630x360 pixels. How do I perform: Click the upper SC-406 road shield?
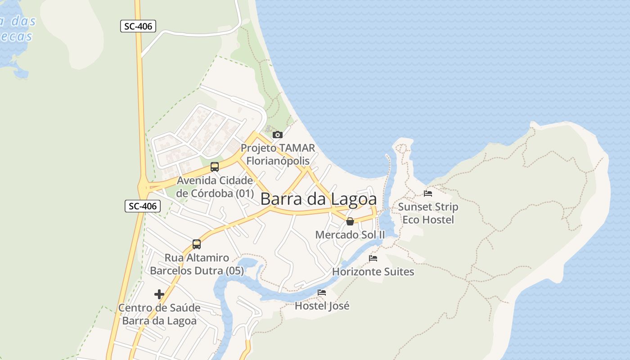click(x=138, y=27)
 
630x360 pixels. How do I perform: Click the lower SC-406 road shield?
click(x=143, y=207)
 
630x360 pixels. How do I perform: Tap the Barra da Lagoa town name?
click(x=318, y=199)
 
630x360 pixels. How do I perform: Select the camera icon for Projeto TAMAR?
click(x=278, y=135)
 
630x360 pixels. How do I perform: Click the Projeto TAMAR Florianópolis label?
click(x=278, y=154)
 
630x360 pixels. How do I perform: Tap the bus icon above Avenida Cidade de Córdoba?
click(x=215, y=167)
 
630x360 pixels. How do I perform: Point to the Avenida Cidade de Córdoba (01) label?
click(x=215, y=187)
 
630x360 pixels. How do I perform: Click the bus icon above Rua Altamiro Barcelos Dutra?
click(x=197, y=244)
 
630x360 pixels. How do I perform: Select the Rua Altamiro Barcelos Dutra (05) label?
click(x=197, y=264)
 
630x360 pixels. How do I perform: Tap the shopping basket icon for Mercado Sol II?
click(x=350, y=221)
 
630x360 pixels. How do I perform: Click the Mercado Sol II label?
click(x=350, y=234)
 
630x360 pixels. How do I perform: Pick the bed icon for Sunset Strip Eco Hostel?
click(x=428, y=193)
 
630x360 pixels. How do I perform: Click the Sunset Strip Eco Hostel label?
click(x=428, y=213)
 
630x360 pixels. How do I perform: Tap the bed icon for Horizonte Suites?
click(x=373, y=258)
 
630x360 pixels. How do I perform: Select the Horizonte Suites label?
click(x=373, y=271)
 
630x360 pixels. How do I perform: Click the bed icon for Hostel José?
click(x=322, y=292)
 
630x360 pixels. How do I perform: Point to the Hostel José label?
click(x=322, y=306)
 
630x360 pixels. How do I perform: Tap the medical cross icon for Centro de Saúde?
click(x=159, y=294)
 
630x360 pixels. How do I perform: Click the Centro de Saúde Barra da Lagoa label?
click(x=159, y=314)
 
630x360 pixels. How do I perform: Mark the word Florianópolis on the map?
click(x=278, y=161)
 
